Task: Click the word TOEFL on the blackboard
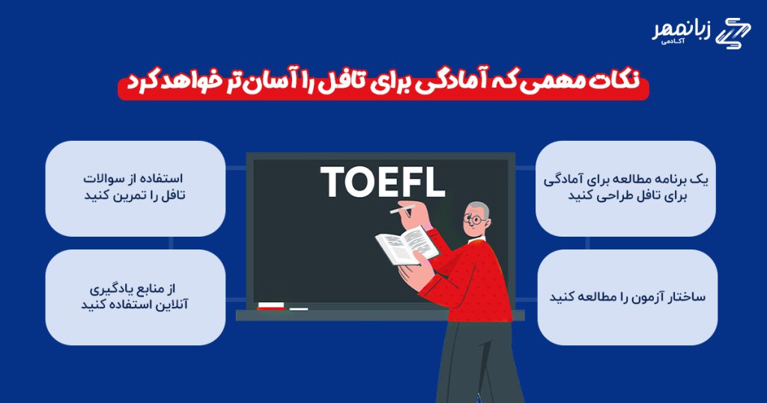383,182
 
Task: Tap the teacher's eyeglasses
474,220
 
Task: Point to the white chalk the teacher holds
402,209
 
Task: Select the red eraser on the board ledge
270,306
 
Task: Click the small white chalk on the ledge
298,309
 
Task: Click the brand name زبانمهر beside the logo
682,31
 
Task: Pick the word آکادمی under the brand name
673,42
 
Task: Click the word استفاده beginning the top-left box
163,178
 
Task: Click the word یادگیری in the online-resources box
110,289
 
